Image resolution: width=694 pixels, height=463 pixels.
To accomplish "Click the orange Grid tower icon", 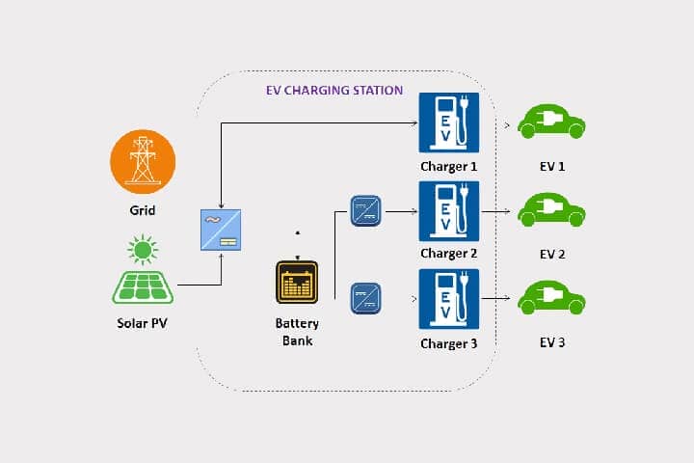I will pyautogui.click(x=143, y=159).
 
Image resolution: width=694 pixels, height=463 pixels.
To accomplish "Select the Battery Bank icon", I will pyautogui.click(x=297, y=284).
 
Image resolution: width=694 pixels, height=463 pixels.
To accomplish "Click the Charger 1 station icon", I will pyautogui.click(x=448, y=123).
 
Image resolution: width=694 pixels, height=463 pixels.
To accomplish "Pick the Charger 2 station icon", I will pyautogui.click(x=448, y=210).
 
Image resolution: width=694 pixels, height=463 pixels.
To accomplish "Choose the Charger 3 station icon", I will pyautogui.click(x=448, y=299).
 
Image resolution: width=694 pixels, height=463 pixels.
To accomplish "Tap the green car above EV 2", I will pyautogui.click(x=552, y=210).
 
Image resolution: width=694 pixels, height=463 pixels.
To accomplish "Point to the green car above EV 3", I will pyautogui.click(x=552, y=298).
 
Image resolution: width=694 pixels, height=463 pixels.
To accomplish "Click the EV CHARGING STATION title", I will pyautogui.click(x=334, y=91).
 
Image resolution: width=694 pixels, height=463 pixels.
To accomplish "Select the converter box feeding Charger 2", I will pyautogui.click(x=365, y=209).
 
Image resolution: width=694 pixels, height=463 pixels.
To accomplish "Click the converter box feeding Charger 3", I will pyautogui.click(x=365, y=296).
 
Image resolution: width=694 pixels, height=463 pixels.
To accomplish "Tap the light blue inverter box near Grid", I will pyautogui.click(x=221, y=230).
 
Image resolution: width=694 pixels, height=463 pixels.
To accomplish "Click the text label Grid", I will pyautogui.click(x=143, y=209).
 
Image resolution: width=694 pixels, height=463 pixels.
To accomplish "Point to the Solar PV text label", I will pyautogui.click(x=143, y=322).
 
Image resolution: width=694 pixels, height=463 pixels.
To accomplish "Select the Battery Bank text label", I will pyautogui.click(x=297, y=332).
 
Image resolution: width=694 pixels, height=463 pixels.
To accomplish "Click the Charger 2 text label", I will pyautogui.click(x=448, y=254).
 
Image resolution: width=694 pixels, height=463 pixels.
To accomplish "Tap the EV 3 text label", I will pyautogui.click(x=552, y=343).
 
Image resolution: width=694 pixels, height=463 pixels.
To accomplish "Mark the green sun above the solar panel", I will pyautogui.click(x=143, y=250).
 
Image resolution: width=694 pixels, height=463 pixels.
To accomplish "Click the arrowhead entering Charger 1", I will pyautogui.click(x=414, y=123).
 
